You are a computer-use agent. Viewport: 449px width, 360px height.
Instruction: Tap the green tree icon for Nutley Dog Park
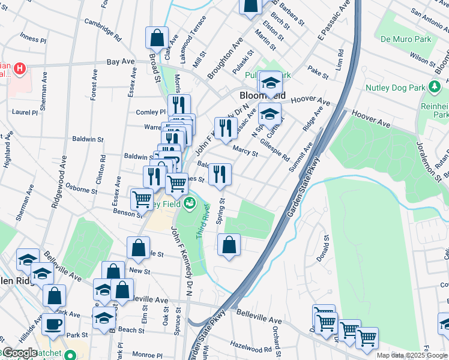432,88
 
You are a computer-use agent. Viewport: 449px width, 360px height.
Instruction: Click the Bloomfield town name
262,96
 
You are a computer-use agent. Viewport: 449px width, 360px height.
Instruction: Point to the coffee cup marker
52,324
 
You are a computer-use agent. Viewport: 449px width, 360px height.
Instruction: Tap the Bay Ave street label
120,62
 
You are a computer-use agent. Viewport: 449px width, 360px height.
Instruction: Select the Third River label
202,218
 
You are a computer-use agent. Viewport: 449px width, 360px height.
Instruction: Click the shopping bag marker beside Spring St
229,245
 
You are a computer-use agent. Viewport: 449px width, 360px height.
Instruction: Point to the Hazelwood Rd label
251,346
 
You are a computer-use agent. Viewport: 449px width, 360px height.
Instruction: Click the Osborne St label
81,189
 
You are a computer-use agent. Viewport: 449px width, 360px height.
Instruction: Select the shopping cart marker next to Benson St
142,199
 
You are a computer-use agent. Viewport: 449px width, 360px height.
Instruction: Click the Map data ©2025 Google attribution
412,355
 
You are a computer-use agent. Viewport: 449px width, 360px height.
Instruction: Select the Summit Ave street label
303,156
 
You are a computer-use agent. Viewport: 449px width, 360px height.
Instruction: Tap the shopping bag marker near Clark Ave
157,37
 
